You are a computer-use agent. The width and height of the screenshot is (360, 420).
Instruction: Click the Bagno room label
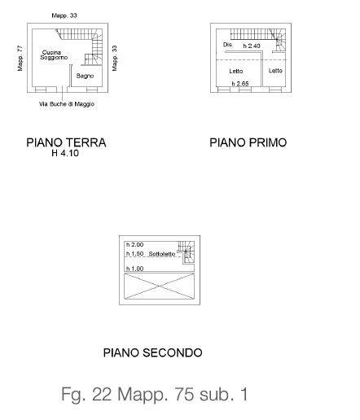coord(85,76)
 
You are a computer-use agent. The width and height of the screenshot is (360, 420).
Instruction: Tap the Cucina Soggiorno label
coord(54,55)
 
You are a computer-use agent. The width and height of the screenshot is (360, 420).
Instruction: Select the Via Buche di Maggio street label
coord(67,104)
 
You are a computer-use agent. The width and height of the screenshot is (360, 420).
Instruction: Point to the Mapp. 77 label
coord(20,59)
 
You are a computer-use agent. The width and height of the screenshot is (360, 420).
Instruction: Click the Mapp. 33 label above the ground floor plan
coord(64,15)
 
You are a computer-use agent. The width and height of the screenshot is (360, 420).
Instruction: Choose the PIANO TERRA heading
coord(66,142)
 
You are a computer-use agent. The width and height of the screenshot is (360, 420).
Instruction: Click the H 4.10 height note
coord(65,153)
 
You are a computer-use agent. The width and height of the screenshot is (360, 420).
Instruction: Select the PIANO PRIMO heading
coord(248,142)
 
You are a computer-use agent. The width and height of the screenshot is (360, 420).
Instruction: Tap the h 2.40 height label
coord(252,46)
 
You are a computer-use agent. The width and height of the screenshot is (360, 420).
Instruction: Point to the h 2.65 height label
coord(240,84)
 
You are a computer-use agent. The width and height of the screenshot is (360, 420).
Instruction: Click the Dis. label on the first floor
coord(227,45)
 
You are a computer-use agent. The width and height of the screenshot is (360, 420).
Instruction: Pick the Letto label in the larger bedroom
coord(236,71)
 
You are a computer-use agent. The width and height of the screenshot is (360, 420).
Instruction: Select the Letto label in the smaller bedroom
coord(275,71)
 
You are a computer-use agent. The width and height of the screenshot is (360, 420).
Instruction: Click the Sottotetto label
coord(162,254)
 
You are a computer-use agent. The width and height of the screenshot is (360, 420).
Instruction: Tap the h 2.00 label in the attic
coord(134,245)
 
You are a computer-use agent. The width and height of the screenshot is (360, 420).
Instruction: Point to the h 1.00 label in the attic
coord(134,269)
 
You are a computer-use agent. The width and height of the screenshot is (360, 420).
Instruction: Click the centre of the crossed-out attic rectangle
coord(160,287)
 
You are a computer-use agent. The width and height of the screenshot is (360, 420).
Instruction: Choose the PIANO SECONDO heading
coord(153,352)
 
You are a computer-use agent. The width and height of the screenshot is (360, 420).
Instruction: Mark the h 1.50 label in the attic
coord(134,254)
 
